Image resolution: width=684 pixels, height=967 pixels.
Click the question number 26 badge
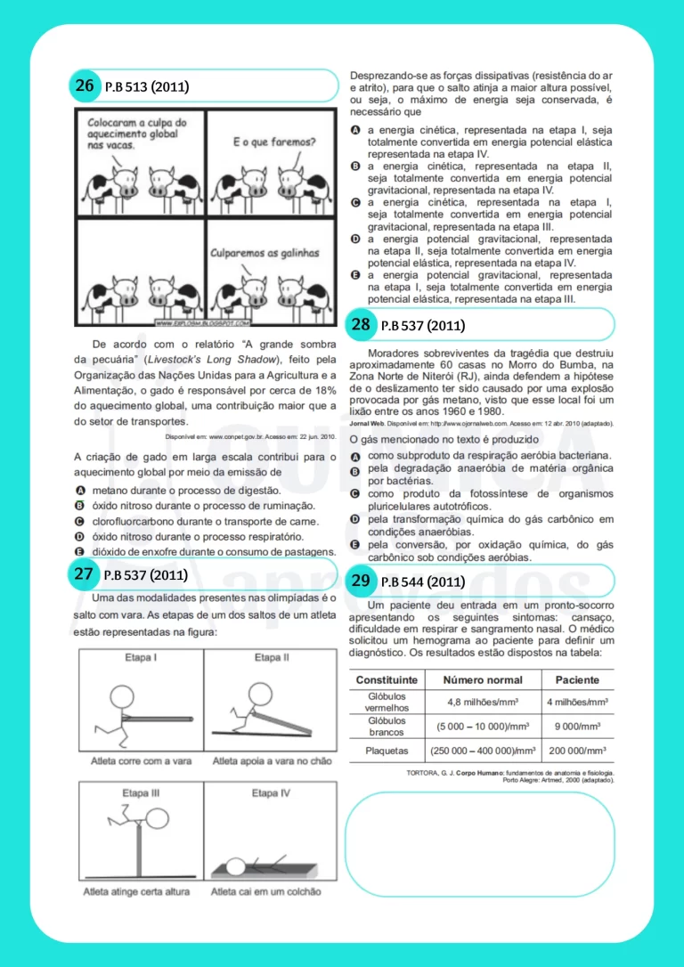[x=85, y=85]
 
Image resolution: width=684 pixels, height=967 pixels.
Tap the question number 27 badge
[x=85, y=574]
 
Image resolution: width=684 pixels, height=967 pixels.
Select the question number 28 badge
[x=361, y=324]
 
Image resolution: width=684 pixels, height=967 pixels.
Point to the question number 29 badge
[x=361, y=581]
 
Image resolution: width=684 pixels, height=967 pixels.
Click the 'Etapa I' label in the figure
[x=141, y=658]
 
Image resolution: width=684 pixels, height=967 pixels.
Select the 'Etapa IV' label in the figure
[x=271, y=792]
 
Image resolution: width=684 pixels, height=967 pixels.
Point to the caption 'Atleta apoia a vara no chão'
[x=266, y=761]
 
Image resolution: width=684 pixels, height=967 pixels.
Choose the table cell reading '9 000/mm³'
[x=577, y=726]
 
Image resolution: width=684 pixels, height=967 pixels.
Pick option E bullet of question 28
[x=355, y=544]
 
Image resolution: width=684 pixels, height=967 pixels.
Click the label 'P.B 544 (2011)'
[x=422, y=582]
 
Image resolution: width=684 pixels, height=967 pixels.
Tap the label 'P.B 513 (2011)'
[x=147, y=87]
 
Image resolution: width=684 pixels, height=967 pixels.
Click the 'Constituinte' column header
[x=387, y=679]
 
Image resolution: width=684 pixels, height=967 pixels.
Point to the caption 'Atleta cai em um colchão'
[x=266, y=891]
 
